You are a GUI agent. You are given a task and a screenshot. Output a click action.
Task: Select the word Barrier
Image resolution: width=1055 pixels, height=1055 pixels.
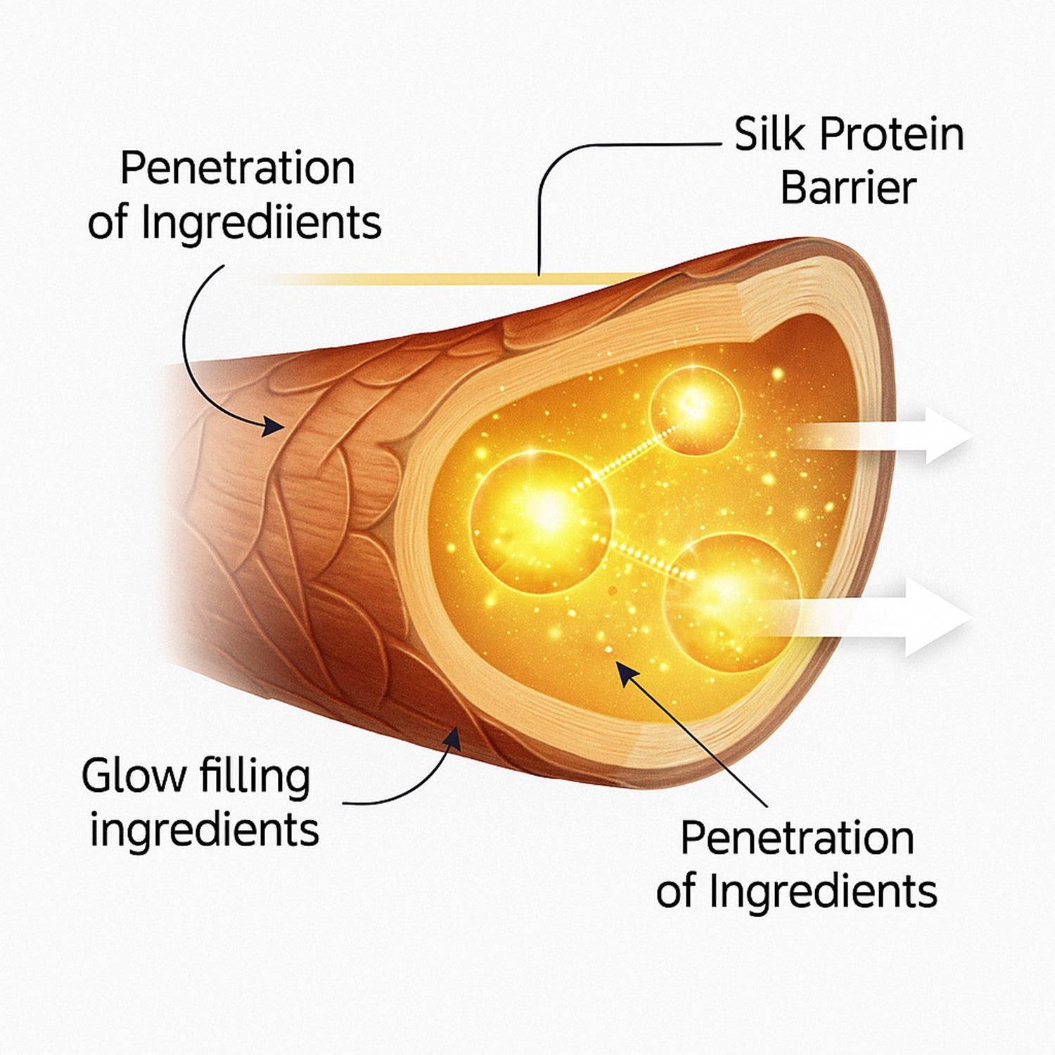[848, 188]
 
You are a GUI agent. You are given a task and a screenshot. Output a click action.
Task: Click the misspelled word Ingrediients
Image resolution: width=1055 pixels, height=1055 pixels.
[261, 224]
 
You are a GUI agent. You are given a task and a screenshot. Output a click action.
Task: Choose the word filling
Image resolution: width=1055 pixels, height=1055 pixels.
[255, 777]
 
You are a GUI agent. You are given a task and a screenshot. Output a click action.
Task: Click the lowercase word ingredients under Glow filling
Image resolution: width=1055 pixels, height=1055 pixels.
[204, 831]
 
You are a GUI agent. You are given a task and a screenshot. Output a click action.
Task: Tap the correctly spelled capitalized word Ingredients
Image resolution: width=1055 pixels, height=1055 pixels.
[823, 892]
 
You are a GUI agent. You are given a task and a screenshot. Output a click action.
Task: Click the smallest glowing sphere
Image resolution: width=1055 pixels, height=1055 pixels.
[695, 410]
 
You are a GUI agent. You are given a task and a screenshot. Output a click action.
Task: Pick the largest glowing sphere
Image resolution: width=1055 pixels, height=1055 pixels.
[540, 520]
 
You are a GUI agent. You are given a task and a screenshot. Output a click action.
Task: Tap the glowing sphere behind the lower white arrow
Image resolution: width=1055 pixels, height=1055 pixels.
[731, 601]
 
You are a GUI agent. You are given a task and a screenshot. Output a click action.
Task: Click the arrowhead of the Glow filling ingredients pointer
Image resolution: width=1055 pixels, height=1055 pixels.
[452, 739]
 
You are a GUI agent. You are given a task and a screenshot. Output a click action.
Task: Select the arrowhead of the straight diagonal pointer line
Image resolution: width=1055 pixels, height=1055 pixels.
[626, 672]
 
